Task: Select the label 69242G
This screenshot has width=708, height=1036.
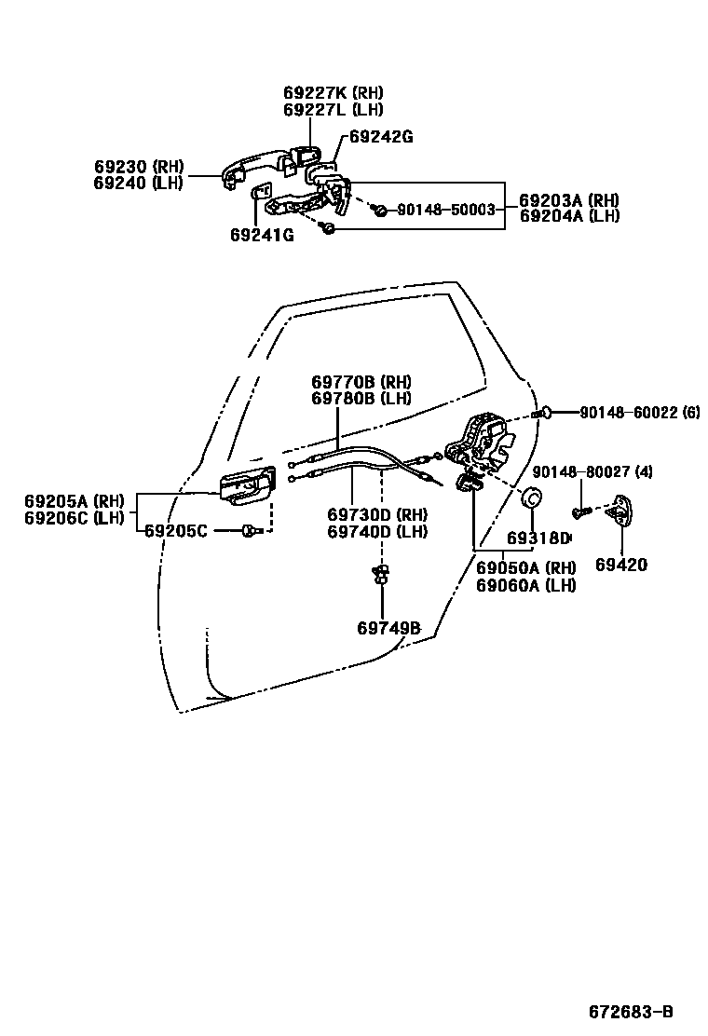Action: (380, 137)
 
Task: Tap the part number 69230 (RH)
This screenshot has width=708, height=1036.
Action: (138, 167)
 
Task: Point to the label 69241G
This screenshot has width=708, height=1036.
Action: (262, 235)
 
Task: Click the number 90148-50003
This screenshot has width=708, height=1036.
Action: (445, 211)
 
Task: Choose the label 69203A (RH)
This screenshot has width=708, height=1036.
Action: (568, 200)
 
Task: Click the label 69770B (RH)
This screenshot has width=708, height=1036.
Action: (361, 382)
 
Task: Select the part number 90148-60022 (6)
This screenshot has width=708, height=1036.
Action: (639, 412)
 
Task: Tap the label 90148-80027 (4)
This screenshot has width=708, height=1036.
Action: (606, 472)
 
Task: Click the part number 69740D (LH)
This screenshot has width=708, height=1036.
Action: (376, 532)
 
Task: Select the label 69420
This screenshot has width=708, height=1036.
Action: (621, 565)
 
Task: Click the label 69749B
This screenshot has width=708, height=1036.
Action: (388, 628)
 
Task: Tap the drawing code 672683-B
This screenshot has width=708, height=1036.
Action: (630, 1013)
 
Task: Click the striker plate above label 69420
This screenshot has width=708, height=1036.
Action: (618, 511)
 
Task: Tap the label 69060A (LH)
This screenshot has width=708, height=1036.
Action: (525, 585)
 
